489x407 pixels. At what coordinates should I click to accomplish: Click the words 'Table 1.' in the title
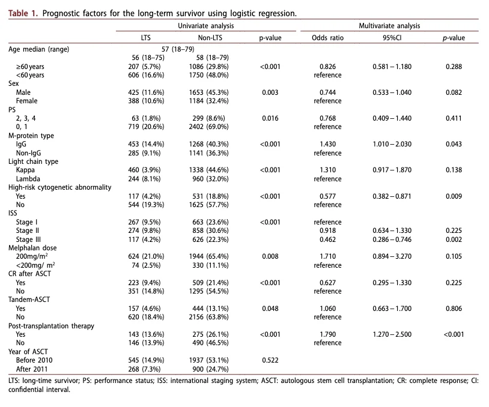(23, 13)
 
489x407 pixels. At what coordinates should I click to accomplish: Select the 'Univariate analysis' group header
(206, 26)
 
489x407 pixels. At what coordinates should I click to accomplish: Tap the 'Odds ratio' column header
(327, 38)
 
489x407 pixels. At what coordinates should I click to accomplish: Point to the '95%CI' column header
(392, 38)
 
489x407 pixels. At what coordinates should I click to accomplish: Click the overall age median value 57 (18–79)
(178, 49)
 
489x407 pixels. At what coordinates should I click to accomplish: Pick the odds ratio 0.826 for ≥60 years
(327, 67)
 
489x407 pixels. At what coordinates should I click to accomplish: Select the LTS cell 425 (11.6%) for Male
(146, 92)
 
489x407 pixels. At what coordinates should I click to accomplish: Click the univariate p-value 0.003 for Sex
(270, 92)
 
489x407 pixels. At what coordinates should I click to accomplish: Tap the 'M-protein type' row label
(31, 136)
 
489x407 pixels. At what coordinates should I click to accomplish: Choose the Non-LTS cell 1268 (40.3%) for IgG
(208, 144)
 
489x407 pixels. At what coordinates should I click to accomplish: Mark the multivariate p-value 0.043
(454, 144)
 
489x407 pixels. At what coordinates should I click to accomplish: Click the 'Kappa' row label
(25, 170)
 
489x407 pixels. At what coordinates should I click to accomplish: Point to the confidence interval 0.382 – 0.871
(392, 196)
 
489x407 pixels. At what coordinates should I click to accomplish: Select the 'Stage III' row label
(28, 240)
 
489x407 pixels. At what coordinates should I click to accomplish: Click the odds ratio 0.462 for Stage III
(327, 240)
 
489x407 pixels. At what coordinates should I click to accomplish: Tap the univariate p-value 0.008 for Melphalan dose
(270, 256)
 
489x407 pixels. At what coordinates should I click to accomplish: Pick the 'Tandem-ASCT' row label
(29, 300)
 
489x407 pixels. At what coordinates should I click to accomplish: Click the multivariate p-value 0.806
(454, 309)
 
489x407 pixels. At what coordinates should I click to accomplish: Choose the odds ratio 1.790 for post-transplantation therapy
(327, 334)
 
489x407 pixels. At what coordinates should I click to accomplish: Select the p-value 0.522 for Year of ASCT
(270, 360)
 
